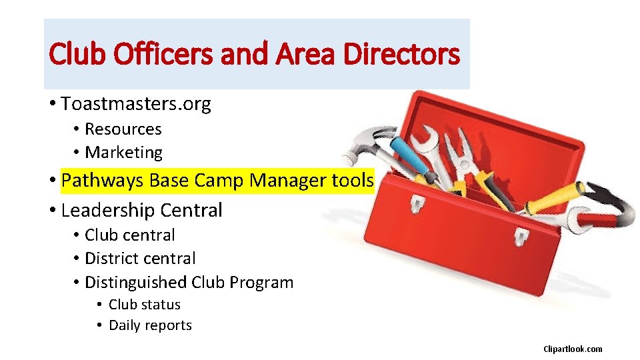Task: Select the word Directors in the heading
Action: coord(401,54)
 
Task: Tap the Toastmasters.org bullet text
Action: coord(136,104)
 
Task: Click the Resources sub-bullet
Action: coord(123,129)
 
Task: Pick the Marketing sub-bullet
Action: coord(124,153)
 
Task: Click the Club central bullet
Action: coord(130,235)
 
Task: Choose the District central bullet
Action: coord(140,259)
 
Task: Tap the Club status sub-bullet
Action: coord(145,305)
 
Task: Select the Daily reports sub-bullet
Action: coord(150,326)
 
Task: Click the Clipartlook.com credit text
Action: coord(573,349)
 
